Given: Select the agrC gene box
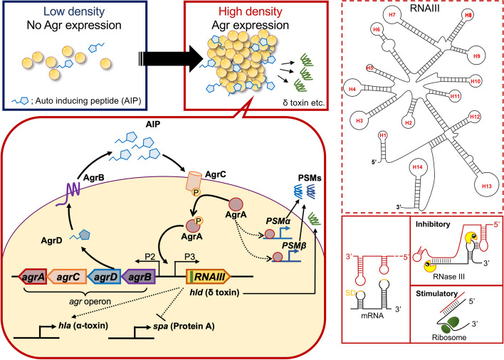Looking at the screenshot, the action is point(67,276).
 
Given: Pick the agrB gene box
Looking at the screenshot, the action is point(139,276).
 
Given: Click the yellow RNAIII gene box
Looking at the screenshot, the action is point(209,276).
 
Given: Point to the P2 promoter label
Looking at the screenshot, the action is point(150,257).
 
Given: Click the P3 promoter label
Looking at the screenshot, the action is point(189,257).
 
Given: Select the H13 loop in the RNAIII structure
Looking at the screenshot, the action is point(487,186).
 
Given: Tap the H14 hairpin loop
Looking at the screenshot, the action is point(418,167).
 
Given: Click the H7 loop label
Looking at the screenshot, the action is point(392,15).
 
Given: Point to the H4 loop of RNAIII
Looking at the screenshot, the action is point(352,89).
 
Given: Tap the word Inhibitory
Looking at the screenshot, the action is point(433,224).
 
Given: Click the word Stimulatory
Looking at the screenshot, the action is point(436,294).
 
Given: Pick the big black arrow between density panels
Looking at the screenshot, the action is point(172,59).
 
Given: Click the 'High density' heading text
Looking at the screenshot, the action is point(251,12).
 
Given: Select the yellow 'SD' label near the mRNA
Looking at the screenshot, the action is point(350,292).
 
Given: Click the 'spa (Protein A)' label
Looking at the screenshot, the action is point(184,327).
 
